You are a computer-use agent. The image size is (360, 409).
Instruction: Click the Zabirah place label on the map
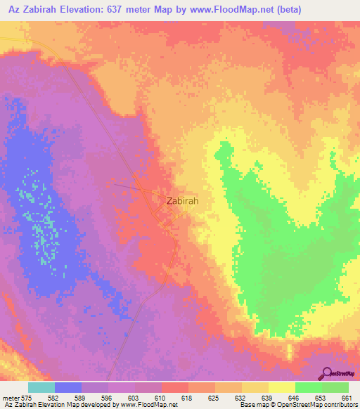(182, 200)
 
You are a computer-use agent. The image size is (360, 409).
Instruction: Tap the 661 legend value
(347, 398)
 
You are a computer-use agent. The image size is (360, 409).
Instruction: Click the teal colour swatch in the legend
(41, 387)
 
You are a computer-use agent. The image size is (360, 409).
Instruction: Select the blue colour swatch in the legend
(68, 387)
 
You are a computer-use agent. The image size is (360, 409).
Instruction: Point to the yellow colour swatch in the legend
(281, 387)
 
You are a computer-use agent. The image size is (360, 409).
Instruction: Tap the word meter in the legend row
(12, 398)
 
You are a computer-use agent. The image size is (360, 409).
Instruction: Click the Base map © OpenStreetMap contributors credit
(297, 405)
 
